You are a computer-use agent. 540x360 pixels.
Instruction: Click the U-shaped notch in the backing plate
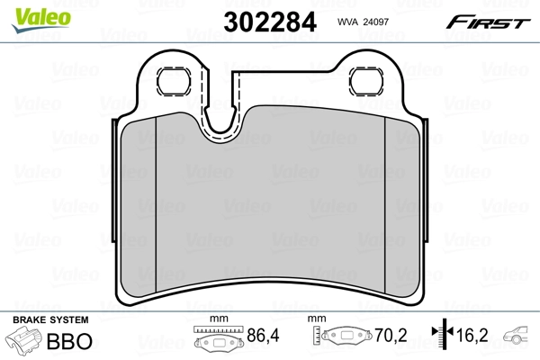tap(221, 117)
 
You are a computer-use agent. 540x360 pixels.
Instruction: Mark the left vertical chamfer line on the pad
tap(157, 207)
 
